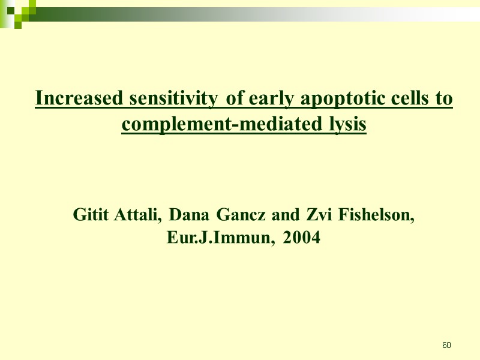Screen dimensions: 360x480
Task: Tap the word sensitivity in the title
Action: click(163, 98)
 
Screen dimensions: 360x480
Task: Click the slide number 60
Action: click(446, 346)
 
